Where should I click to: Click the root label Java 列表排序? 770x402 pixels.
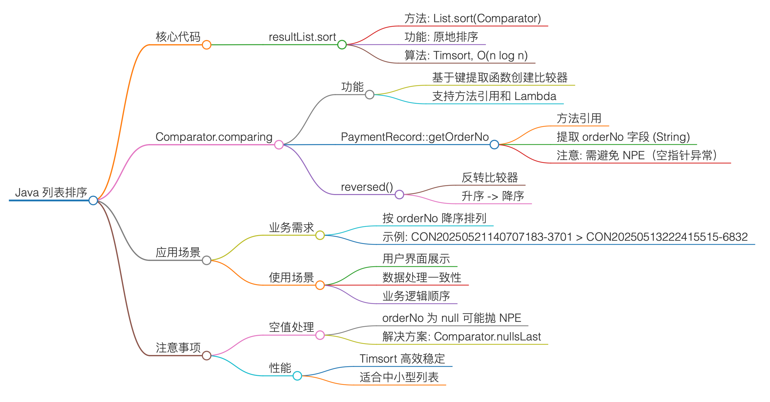51,192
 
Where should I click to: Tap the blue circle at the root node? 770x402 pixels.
93,200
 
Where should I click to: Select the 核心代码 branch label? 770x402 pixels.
178,37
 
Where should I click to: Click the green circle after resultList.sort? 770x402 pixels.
342,45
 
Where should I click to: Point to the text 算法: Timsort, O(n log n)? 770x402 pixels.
466,55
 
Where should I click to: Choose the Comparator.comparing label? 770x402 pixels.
214,137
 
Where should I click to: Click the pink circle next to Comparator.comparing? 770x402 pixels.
279,145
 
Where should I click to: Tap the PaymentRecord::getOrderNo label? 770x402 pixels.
414,137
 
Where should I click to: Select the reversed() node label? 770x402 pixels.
367,187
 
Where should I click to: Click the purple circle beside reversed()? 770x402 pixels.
399,195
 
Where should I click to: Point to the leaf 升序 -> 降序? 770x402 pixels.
493,196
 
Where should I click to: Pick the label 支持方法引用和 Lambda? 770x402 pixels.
494,96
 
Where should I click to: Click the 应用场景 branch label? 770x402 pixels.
178,252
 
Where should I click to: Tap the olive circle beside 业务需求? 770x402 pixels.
320,235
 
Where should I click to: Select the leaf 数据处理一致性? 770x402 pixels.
422,277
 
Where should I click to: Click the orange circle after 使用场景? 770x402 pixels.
320,285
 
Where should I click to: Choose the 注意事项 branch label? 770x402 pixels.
178,348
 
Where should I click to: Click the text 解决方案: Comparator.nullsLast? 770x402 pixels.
461,336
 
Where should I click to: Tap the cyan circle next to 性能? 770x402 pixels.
297,376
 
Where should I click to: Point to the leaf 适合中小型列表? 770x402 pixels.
399,377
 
